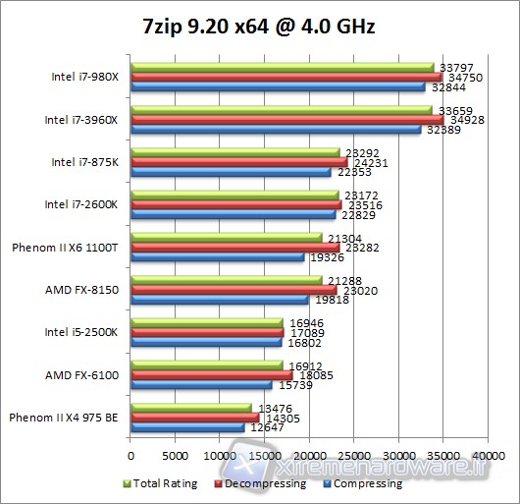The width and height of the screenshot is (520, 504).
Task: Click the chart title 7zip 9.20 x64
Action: tap(261, 27)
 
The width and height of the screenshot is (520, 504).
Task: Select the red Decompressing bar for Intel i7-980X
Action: tap(286, 77)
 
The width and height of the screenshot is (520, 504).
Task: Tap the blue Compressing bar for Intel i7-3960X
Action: tap(275, 130)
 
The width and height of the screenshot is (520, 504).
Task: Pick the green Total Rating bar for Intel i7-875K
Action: tap(234, 152)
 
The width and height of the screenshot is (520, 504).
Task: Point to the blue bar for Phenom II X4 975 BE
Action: tap(186, 427)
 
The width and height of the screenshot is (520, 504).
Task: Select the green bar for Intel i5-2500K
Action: tap(206, 322)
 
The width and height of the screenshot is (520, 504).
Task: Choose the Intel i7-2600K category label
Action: tap(81, 204)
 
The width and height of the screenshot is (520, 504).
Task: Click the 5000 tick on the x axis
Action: tap(175, 456)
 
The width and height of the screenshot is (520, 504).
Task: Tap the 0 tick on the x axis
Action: tap(130, 456)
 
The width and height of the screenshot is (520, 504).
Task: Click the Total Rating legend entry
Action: tap(164, 483)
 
